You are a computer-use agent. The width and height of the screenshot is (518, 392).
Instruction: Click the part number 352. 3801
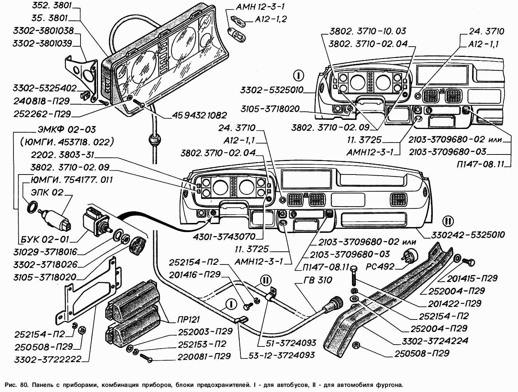tap(51, 6)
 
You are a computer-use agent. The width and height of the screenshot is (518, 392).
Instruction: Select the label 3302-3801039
tap(42, 43)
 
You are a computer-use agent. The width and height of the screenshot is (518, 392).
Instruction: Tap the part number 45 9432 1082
tap(200, 115)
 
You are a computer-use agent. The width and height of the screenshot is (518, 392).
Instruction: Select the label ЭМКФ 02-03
tap(67, 130)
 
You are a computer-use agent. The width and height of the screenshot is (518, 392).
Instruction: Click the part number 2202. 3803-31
tap(62, 155)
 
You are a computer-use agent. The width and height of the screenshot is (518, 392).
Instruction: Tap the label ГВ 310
tap(318, 280)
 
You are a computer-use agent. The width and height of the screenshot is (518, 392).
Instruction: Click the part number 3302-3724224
tap(439, 341)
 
